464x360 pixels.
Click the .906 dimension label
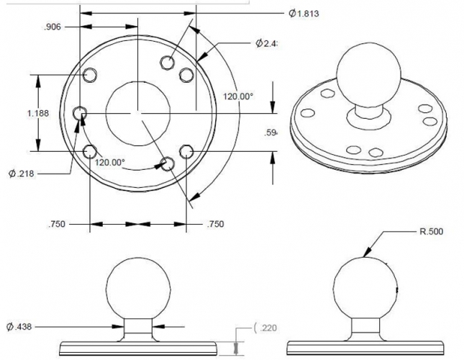click(53, 27)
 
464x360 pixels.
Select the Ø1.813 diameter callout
click(303, 13)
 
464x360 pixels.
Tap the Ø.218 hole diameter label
click(22, 173)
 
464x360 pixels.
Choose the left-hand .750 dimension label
click(58, 225)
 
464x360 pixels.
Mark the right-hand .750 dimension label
click(214, 225)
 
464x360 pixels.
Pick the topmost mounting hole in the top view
click(168, 61)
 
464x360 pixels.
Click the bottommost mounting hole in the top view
click(168, 164)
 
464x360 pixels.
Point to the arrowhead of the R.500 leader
click(368, 254)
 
